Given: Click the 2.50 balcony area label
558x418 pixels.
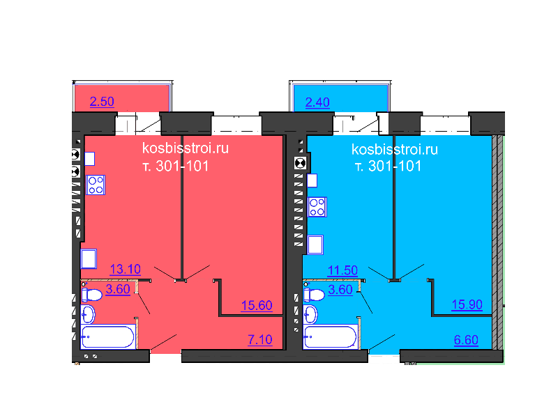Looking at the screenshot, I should click(x=102, y=102).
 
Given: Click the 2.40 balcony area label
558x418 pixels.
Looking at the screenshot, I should click(x=317, y=102).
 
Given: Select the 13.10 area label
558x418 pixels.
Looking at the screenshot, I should click(x=126, y=270).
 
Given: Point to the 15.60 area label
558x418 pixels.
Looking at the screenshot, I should click(x=256, y=305).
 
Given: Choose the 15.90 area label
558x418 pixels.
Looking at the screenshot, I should click(x=467, y=305).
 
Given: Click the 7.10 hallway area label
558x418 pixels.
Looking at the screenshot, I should click(x=259, y=340).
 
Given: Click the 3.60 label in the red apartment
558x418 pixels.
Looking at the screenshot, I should click(x=118, y=290).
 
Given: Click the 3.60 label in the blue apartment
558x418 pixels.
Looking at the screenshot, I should click(x=340, y=290).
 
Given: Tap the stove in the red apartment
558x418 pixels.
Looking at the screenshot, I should click(x=96, y=185).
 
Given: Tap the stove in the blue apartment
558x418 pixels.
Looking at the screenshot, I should click(x=317, y=207).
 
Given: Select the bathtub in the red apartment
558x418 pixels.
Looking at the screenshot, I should click(x=107, y=336).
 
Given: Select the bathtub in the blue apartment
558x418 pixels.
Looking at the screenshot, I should click(x=329, y=337).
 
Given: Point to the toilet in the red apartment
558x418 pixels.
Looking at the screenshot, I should click(x=91, y=295).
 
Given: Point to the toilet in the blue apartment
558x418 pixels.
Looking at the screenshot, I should click(x=314, y=295).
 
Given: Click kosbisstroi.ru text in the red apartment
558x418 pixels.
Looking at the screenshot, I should click(x=185, y=148).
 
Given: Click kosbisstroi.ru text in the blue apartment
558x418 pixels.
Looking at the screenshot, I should click(x=395, y=149).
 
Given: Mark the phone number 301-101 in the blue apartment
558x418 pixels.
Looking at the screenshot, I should click(x=395, y=167).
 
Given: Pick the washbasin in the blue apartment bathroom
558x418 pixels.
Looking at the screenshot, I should click(x=311, y=315).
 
